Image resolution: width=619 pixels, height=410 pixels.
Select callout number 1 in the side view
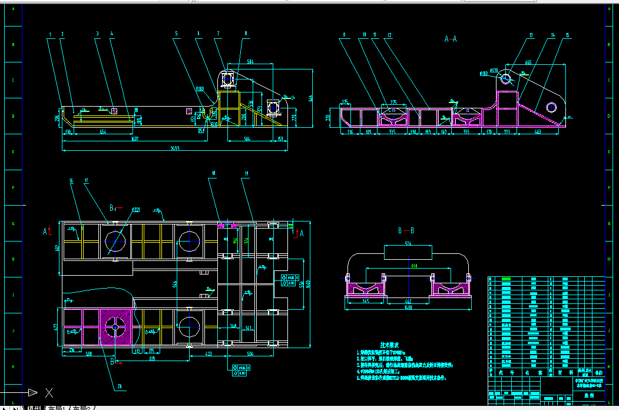tap(51, 35)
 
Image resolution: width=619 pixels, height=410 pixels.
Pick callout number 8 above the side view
tap(246, 34)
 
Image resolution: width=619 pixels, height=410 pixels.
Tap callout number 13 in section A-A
tap(531, 35)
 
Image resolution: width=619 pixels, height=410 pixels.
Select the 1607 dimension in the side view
tap(135, 138)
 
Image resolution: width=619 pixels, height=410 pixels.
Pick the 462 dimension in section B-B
tap(408, 300)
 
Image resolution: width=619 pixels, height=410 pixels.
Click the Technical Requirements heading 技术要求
tap(390, 345)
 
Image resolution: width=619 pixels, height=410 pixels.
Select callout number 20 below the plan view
tap(120, 386)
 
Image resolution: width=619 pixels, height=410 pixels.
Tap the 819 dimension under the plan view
tap(152, 358)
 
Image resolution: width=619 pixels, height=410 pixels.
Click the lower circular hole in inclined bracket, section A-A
tap(551, 107)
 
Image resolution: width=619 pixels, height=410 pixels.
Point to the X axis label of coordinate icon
tap(49, 392)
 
